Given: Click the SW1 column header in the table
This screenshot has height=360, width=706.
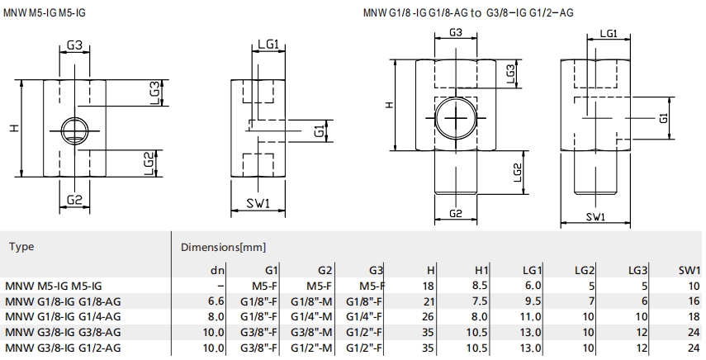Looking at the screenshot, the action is [x=689, y=271].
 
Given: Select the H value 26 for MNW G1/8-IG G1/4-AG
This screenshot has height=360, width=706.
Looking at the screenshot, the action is [x=428, y=317].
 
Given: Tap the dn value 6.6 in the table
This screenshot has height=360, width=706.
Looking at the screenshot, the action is [x=216, y=301].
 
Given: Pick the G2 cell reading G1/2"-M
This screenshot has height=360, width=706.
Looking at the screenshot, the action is [x=311, y=348].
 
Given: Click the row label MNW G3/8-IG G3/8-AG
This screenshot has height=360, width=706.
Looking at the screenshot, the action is [x=63, y=333].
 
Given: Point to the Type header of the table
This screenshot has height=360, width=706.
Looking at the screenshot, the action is [x=21, y=247].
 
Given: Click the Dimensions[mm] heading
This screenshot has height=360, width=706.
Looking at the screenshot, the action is [x=223, y=247].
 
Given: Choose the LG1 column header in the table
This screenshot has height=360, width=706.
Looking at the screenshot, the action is [x=532, y=271].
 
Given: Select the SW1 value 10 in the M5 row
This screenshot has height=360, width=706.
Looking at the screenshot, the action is [x=694, y=286].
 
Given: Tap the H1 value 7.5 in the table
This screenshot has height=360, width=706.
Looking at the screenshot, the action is [x=480, y=301].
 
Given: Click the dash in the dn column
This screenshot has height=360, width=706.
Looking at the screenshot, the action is [x=220, y=286].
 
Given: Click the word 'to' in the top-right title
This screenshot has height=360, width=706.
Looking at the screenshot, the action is [x=476, y=12].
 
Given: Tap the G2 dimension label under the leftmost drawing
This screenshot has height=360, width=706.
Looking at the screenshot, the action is [x=74, y=199].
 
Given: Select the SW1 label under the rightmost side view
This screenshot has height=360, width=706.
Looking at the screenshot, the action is [x=595, y=217].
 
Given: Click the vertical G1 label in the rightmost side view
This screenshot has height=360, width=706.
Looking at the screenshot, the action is [x=663, y=118].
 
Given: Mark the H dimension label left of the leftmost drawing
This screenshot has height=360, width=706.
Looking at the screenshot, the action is [x=16, y=128].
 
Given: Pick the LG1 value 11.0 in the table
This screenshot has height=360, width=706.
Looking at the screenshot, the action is [x=530, y=317].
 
